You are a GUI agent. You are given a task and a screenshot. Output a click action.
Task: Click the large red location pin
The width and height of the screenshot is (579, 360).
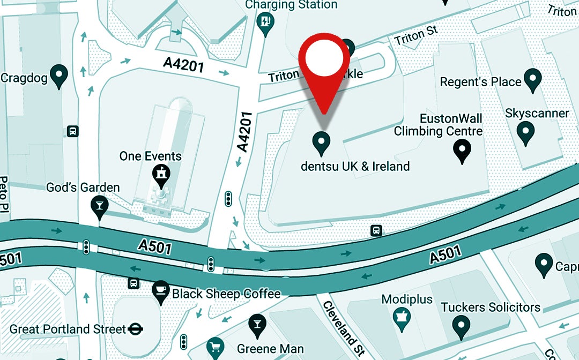click(324, 62)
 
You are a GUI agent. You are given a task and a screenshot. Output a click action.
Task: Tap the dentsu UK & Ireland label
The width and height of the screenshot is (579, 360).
click(355, 166)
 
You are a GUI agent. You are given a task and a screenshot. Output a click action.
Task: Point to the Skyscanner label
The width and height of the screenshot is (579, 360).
click(537, 114)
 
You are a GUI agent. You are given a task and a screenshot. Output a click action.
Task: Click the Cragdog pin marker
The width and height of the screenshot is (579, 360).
click(58, 76)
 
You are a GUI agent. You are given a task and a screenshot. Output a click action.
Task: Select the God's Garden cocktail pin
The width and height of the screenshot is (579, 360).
click(99, 207)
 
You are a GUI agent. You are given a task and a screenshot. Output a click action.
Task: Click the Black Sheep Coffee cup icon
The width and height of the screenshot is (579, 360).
click(160, 291)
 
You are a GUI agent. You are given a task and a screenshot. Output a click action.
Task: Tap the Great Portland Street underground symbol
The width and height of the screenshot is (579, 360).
click(136, 328)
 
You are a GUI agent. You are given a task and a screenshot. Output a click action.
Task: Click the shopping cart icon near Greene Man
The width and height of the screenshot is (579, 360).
click(215, 346)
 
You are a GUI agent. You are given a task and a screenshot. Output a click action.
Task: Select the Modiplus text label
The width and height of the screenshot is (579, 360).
click(407, 299)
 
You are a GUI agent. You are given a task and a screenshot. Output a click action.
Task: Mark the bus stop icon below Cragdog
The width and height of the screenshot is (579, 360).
click(72, 131)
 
